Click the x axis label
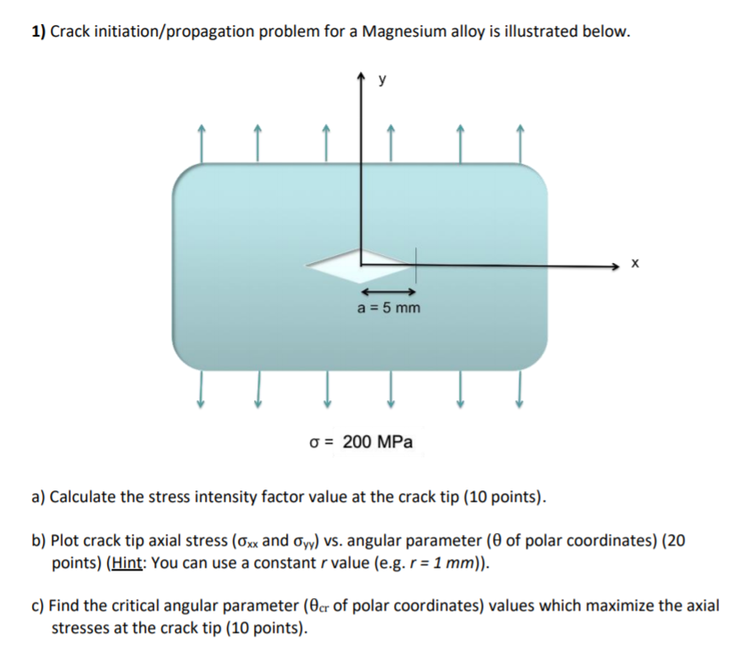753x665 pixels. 634,265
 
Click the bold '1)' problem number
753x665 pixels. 38,33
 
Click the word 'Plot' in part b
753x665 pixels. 68,541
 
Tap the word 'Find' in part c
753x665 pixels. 66,606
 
